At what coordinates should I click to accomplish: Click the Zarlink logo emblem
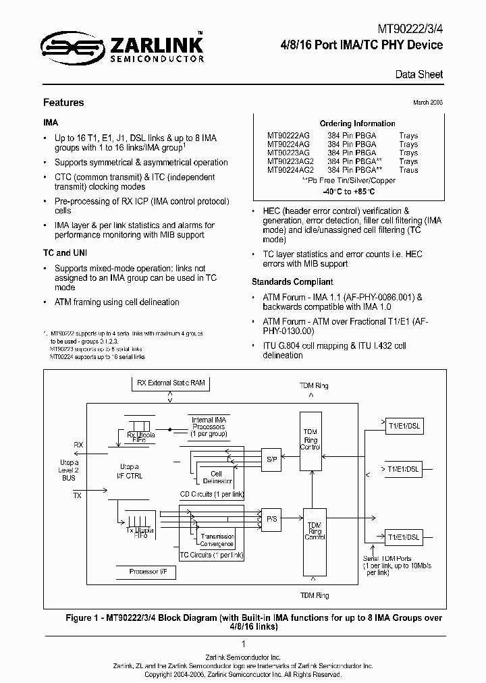(x=63, y=47)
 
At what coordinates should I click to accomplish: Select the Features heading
(x=63, y=103)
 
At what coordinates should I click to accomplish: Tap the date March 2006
(x=427, y=102)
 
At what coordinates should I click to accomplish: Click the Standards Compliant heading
(x=292, y=281)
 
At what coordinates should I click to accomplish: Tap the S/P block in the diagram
(x=272, y=459)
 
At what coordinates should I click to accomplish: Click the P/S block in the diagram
(x=272, y=518)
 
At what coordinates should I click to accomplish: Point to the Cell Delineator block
(x=217, y=478)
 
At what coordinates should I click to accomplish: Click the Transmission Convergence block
(x=217, y=540)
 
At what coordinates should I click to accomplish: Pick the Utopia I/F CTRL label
(x=131, y=471)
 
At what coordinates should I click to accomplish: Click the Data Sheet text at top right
(x=418, y=74)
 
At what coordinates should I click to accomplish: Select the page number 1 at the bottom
(x=242, y=644)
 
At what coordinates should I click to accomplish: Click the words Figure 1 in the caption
(x=83, y=618)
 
